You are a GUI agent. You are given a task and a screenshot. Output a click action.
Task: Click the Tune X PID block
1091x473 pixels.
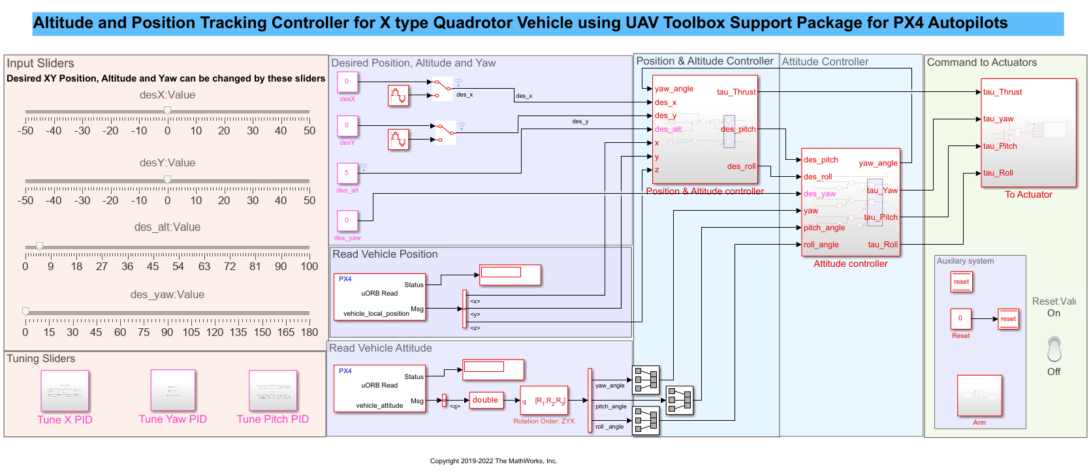click(65, 391)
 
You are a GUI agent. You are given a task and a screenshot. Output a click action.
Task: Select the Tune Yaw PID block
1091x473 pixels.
click(173, 390)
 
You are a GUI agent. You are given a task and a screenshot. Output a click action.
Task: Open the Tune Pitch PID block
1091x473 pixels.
click(273, 391)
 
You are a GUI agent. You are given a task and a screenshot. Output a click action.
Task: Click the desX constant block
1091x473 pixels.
click(347, 82)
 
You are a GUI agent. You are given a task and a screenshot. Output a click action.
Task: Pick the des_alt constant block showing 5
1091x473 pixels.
click(347, 173)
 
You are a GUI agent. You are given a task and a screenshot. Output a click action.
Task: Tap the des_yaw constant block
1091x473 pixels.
click(347, 221)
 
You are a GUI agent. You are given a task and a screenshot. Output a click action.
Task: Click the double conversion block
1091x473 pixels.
click(485, 400)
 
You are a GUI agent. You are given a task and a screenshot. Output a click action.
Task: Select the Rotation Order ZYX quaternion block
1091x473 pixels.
click(544, 401)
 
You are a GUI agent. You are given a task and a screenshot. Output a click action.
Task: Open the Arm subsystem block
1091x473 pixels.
click(979, 395)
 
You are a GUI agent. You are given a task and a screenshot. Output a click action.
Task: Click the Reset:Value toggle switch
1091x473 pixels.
click(1054, 349)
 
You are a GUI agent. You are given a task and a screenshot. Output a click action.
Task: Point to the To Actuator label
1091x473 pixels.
click(1028, 194)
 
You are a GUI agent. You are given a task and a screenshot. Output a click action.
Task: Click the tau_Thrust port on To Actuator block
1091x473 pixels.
click(1003, 92)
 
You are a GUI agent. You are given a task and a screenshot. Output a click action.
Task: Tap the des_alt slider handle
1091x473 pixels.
click(40, 246)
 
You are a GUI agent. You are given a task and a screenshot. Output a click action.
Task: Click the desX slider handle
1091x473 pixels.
click(168, 111)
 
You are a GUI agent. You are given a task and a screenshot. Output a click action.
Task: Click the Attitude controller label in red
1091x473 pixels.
click(850, 264)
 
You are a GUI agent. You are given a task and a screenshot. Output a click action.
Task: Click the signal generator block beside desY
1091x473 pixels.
click(398, 140)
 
